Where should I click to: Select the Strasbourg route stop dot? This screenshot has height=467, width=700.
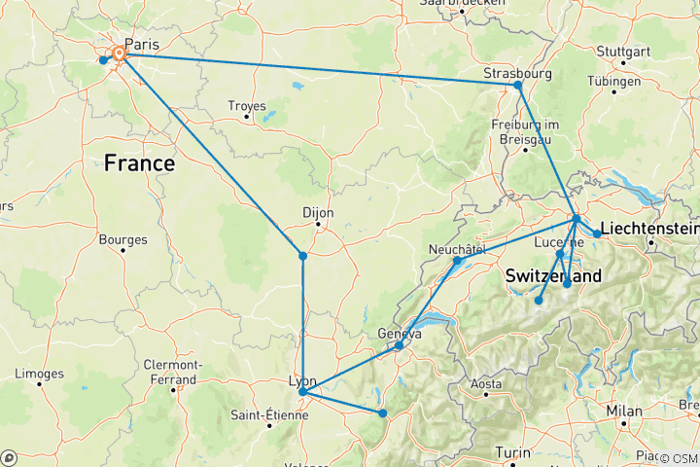point(518,86)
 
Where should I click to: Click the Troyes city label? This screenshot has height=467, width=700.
point(246,105)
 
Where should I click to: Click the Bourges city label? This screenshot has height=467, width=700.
point(123,239)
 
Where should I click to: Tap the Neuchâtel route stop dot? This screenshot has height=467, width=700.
point(457,261)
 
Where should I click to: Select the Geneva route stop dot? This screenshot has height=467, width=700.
point(399,345)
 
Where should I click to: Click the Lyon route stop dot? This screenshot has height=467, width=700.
point(303,392)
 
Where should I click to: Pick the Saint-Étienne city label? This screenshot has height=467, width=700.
point(269,415)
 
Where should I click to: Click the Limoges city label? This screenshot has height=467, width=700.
point(40,374)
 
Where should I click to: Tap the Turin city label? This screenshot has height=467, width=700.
point(513,451)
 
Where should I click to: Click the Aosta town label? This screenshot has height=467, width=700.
point(486,384)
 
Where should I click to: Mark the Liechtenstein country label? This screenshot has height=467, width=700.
point(649,229)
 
